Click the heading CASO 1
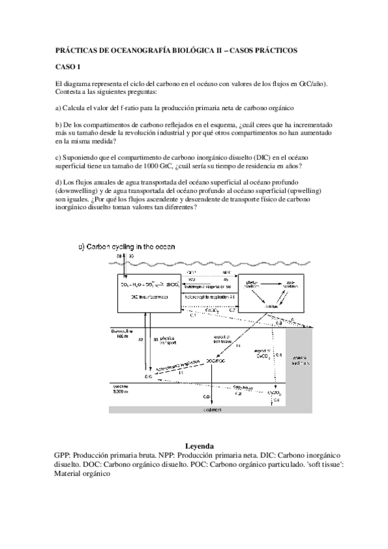point(67,67)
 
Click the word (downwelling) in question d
point(78,192)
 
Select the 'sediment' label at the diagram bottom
point(214,410)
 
